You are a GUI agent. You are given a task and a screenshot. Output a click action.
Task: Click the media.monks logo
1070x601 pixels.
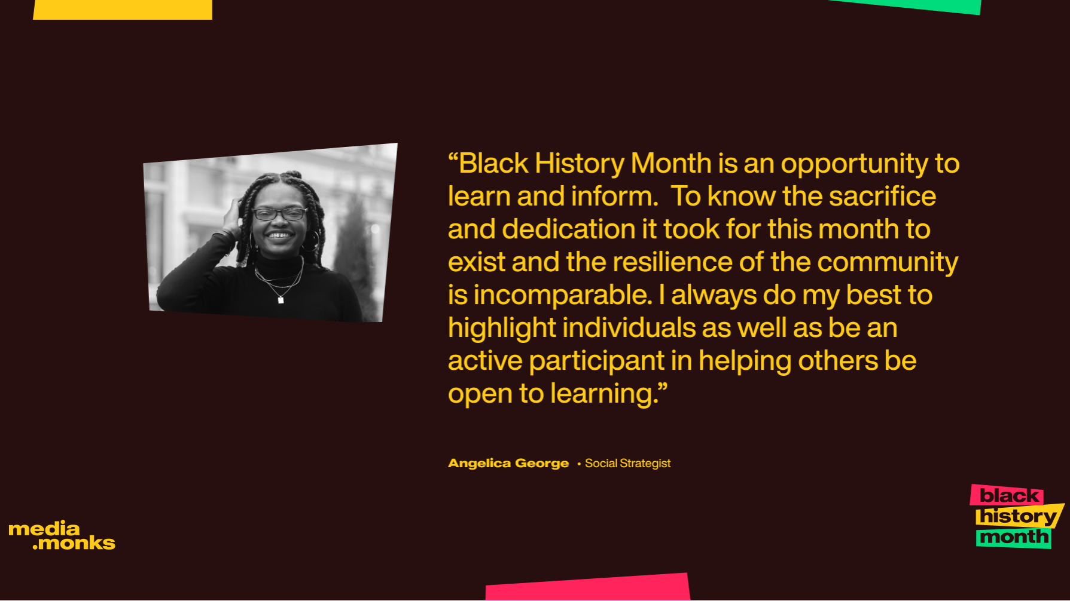click(x=62, y=535)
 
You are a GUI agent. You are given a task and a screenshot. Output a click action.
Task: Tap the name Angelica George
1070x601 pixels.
click(x=508, y=463)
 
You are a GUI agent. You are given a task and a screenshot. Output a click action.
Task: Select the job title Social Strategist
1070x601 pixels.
click(x=627, y=463)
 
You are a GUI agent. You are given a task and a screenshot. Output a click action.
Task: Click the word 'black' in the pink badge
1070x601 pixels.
click(x=1008, y=495)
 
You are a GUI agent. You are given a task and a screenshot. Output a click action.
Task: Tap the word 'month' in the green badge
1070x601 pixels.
click(x=1013, y=537)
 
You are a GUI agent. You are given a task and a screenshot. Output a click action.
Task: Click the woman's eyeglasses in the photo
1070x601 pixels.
click(x=279, y=214)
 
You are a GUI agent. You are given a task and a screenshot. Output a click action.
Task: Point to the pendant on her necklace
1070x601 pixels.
click(x=281, y=300)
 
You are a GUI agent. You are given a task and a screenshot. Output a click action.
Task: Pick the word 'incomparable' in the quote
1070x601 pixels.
click(x=561, y=295)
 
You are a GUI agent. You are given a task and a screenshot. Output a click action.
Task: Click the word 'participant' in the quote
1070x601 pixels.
click(x=596, y=361)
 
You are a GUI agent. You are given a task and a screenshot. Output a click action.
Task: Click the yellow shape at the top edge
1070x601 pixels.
click(x=123, y=9)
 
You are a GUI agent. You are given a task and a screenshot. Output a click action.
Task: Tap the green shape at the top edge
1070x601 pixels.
click(x=915, y=6)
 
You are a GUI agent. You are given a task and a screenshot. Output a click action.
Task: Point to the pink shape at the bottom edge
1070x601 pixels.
click(x=587, y=588)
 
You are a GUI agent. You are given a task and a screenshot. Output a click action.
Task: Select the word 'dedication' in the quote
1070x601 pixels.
click(x=568, y=229)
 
